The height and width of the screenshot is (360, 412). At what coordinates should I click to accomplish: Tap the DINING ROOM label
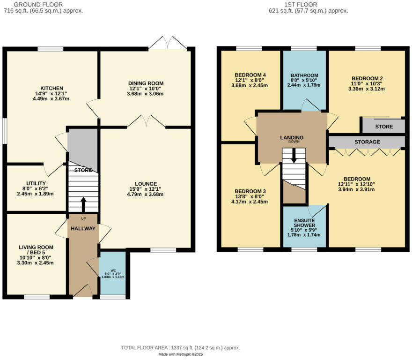146,83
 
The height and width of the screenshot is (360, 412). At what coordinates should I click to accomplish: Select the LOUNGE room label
146,184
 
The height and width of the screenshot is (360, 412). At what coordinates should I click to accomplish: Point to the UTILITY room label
36,184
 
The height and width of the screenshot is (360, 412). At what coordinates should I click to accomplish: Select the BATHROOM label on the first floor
304,75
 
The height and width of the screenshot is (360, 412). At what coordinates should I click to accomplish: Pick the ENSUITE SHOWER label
304,222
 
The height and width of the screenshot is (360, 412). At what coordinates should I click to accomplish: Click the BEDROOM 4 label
250,75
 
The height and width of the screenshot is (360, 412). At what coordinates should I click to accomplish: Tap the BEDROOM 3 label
250,191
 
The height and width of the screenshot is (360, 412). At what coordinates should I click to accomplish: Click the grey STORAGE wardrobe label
367,142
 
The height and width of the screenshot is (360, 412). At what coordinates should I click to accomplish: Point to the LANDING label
292,137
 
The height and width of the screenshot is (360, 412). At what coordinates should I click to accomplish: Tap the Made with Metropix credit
180,355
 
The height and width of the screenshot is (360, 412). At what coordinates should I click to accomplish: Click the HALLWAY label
83,228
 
